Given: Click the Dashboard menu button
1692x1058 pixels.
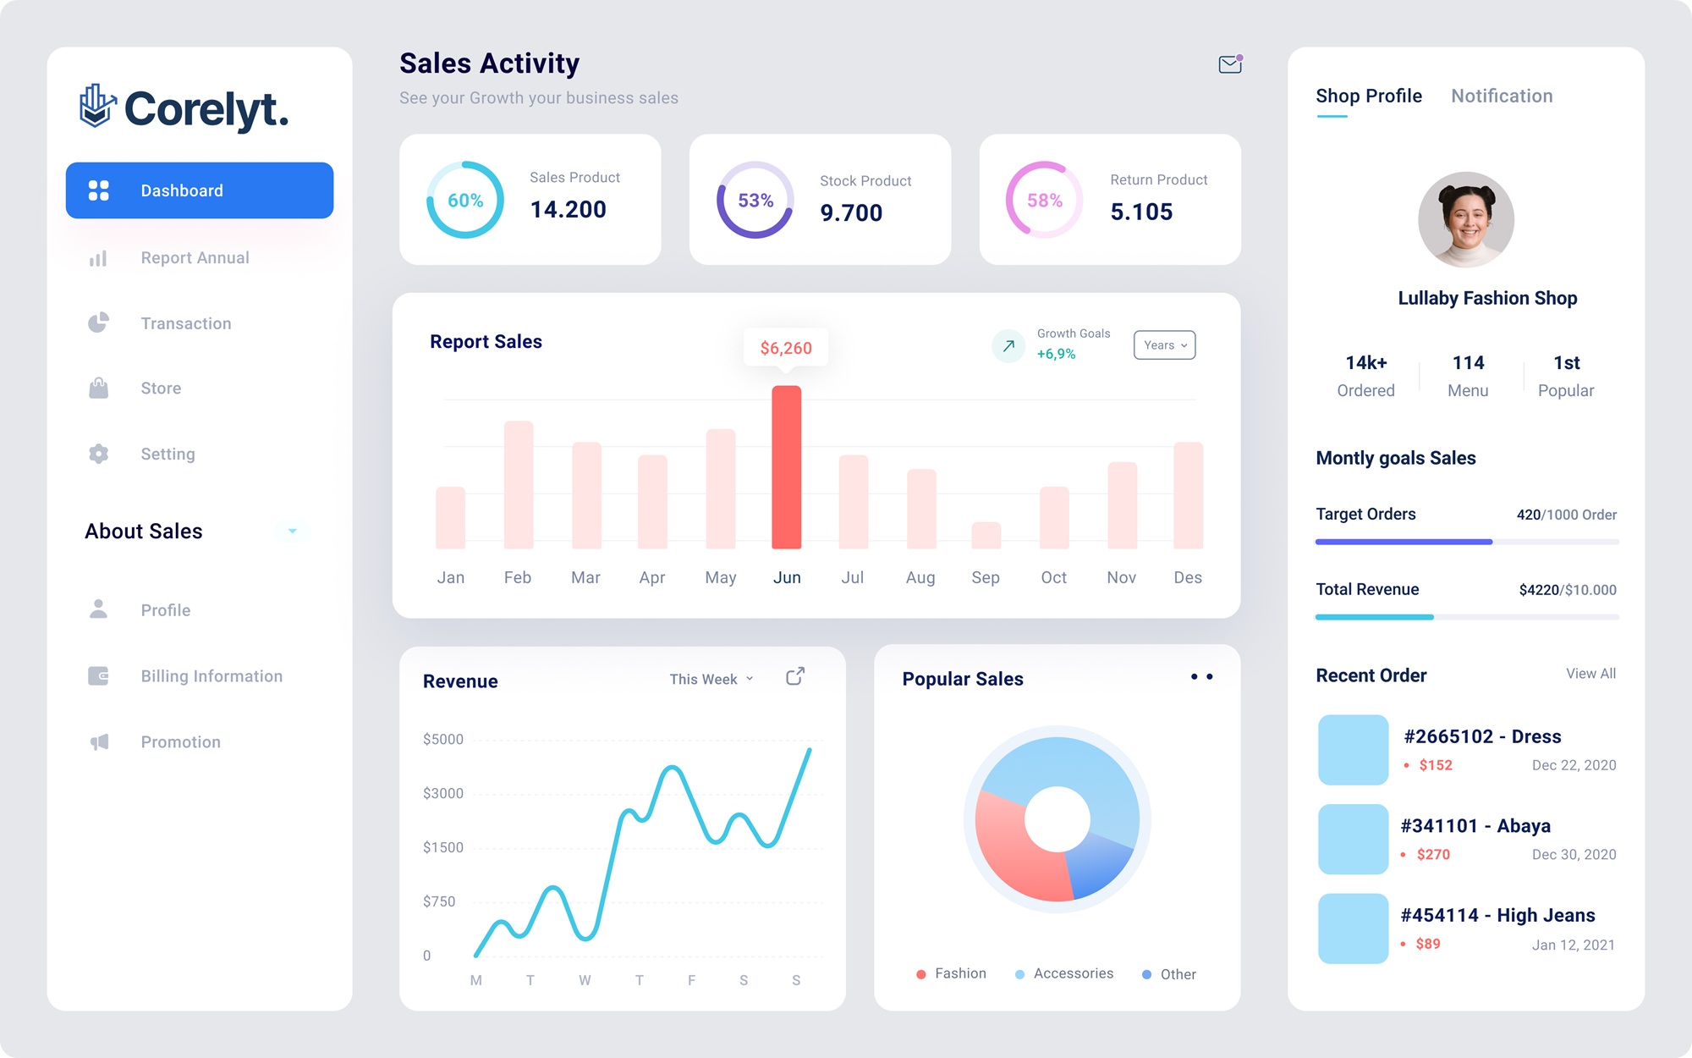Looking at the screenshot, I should [200, 190].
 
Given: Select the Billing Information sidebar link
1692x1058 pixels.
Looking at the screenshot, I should [211, 676].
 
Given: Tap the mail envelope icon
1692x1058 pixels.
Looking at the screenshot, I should [1230, 64].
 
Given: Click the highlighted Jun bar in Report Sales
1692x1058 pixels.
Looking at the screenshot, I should [786, 467].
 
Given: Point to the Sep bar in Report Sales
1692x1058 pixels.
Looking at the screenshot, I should [986, 535].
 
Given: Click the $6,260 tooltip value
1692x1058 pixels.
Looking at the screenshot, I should [786, 348].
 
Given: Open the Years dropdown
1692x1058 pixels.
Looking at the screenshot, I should [1164, 345].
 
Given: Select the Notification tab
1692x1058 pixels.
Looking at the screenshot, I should [1502, 96].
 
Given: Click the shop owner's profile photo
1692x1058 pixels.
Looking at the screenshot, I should [1466, 220].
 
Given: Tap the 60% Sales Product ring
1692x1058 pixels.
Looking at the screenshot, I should [465, 201].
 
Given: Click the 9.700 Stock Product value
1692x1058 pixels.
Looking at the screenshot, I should [851, 213].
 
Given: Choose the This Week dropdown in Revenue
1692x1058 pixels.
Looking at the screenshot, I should [711, 679].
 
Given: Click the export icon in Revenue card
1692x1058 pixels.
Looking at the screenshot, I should [795, 676].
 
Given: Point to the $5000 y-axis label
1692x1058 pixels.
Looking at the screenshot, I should [443, 739].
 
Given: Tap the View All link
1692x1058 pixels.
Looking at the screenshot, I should [1590, 674].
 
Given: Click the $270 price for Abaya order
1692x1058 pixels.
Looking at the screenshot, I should [1433, 855].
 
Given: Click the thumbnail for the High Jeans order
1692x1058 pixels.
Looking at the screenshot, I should [1353, 929].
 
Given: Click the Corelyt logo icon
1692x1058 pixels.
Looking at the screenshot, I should [97, 106].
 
